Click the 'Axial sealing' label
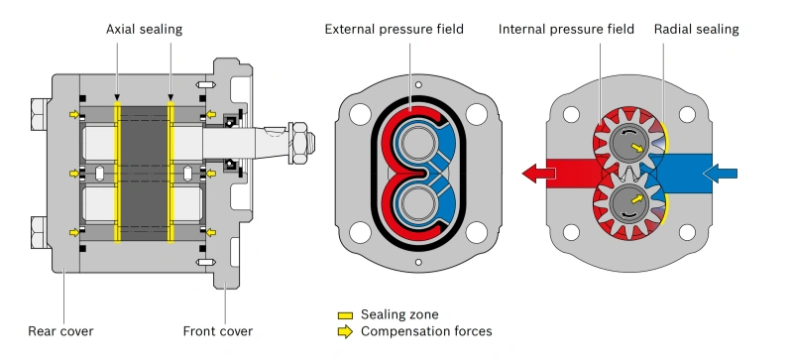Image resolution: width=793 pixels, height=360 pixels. click(x=144, y=30)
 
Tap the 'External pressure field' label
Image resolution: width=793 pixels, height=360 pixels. click(x=394, y=30)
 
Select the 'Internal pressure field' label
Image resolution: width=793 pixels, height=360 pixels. click(x=566, y=30)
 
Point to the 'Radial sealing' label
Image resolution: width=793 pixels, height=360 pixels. click(x=697, y=30)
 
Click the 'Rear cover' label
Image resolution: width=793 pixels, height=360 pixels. click(x=60, y=331)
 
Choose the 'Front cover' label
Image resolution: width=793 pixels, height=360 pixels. click(x=217, y=331)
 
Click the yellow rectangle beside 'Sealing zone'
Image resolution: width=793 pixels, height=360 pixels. click(x=345, y=315)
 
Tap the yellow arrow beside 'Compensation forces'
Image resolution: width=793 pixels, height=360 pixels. click(x=345, y=331)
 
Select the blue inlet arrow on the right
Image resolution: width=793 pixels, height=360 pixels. click(x=721, y=174)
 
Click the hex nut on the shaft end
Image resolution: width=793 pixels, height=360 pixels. click(x=298, y=143)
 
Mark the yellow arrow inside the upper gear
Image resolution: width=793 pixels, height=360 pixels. click(x=637, y=148)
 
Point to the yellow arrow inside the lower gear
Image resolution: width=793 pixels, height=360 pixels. click(x=637, y=199)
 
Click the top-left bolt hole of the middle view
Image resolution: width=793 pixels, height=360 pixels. click(x=360, y=114)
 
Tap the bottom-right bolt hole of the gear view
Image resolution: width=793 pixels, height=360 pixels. click(x=687, y=232)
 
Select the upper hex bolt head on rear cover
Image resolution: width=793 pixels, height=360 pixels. click(x=40, y=114)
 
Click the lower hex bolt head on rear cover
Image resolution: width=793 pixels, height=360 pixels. click(x=40, y=232)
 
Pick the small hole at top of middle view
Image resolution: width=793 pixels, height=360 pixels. click(x=418, y=84)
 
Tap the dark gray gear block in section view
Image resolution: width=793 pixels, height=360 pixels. click(x=144, y=174)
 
